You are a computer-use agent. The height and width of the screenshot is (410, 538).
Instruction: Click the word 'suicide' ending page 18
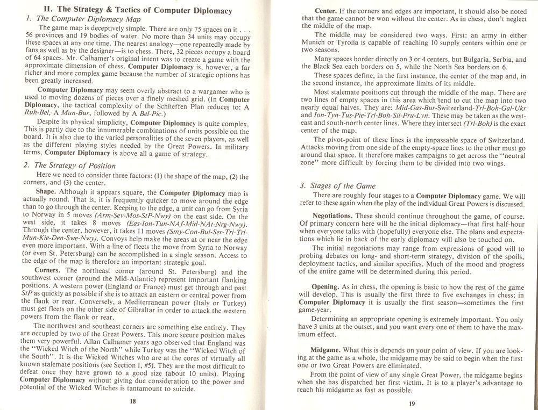[180, 388]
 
